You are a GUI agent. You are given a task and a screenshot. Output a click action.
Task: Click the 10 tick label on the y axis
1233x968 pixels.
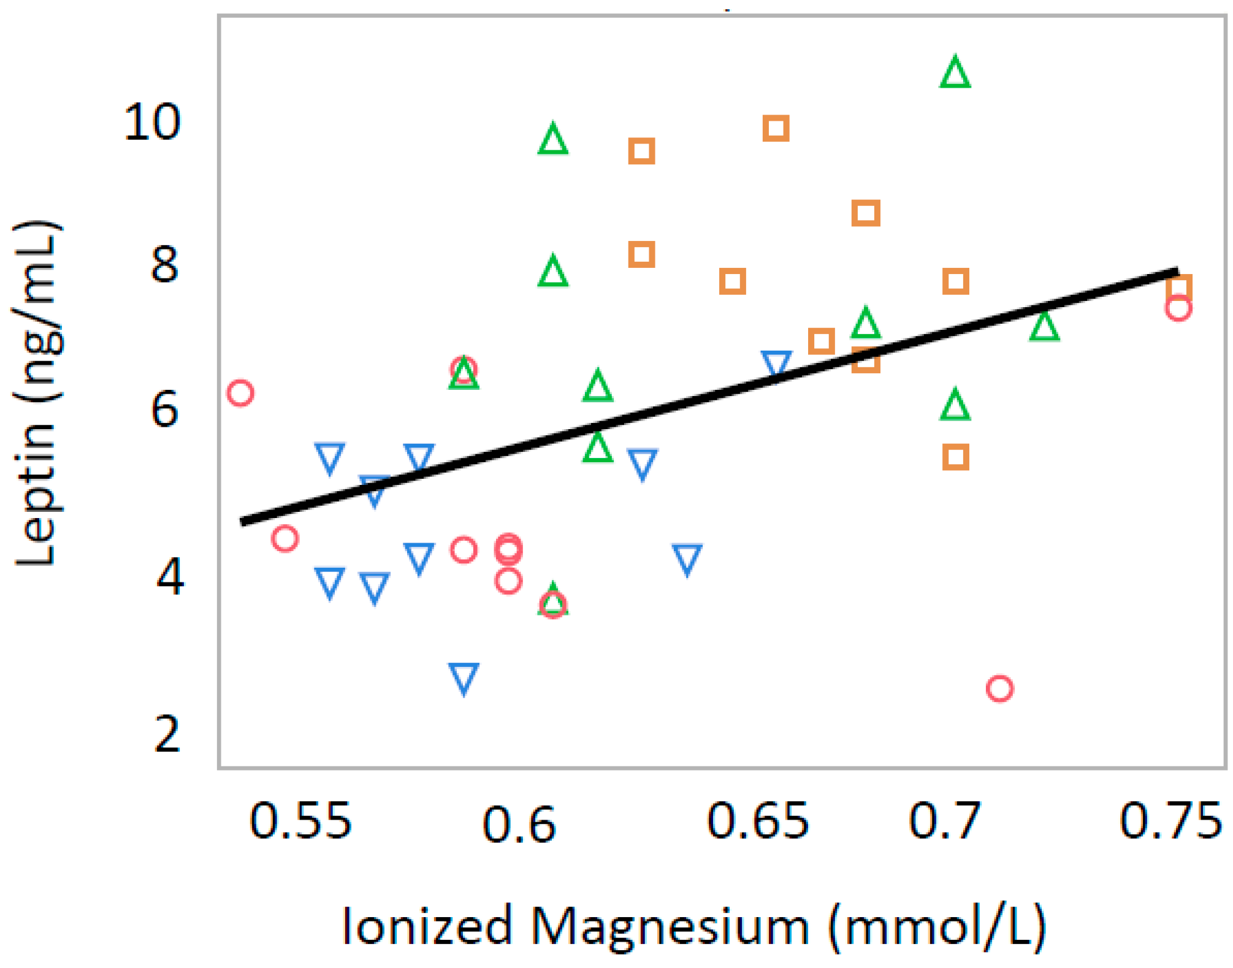(x=152, y=123)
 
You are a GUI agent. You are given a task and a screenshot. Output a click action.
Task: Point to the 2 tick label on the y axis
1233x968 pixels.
(x=167, y=734)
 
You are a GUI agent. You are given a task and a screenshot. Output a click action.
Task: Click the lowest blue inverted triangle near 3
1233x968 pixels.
(x=464, y=677)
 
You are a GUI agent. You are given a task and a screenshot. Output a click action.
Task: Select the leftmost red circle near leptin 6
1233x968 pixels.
(x=240, y=393)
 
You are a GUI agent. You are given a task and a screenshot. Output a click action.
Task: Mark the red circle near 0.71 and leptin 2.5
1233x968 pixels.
(x=999, y=689)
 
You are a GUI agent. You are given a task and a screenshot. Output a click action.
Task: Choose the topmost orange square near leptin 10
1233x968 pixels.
(x=776, y=129)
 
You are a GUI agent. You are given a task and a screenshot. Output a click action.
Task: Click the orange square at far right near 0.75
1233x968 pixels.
(x=1179, y=287)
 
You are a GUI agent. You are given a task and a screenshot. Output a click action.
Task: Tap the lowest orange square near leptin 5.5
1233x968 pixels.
(x=955, y=457)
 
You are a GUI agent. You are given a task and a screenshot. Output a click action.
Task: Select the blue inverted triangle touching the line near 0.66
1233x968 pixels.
(x=776, y=363)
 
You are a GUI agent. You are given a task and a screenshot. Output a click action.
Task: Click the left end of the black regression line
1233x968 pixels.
(x=243, y=522)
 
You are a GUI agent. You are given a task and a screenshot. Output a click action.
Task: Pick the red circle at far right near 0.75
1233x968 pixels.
(x=1178, y=308)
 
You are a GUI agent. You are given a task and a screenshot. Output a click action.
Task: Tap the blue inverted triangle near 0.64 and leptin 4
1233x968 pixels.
(x=687, y=558)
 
